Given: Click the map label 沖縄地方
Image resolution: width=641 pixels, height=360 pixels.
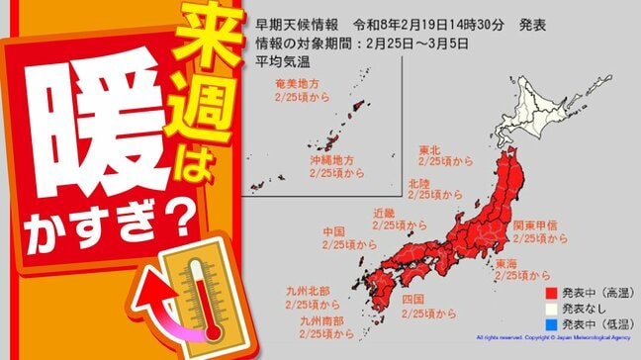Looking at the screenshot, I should click(x=328, y=158).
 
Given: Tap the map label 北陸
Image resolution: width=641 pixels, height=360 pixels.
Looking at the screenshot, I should click(x=417, y=183).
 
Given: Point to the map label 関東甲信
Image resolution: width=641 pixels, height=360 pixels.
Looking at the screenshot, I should click(x=530, y=225).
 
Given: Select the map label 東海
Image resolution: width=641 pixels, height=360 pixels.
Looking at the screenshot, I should click(x=505, y=264).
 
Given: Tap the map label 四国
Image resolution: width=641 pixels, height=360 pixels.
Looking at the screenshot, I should click(x=413, y=299).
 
